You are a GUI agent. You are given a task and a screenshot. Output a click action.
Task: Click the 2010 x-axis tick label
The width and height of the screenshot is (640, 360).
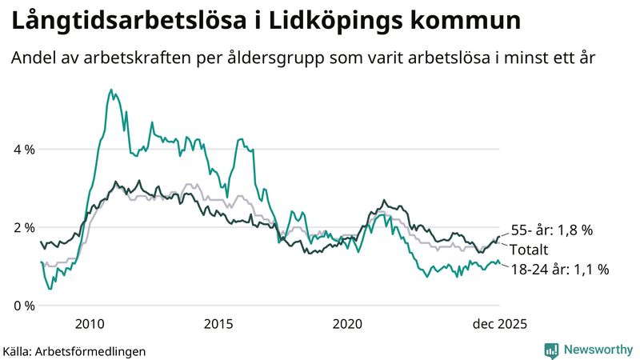pos(89,324)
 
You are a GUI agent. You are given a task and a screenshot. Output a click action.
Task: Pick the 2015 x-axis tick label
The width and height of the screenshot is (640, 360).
pos(218,324)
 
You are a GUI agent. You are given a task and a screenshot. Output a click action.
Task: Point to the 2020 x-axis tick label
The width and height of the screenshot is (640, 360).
pos(347,324)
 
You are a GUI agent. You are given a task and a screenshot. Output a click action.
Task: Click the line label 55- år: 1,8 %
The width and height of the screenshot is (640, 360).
pos(551,230)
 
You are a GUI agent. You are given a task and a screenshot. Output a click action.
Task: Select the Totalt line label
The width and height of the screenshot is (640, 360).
pos(530,250)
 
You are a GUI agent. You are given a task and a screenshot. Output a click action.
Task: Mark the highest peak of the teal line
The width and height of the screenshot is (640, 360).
pos(110,90)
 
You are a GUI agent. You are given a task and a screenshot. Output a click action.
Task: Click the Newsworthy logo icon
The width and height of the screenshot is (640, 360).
pos(551,350)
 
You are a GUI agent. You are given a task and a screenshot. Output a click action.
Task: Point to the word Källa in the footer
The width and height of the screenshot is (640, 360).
pos(18,350)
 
